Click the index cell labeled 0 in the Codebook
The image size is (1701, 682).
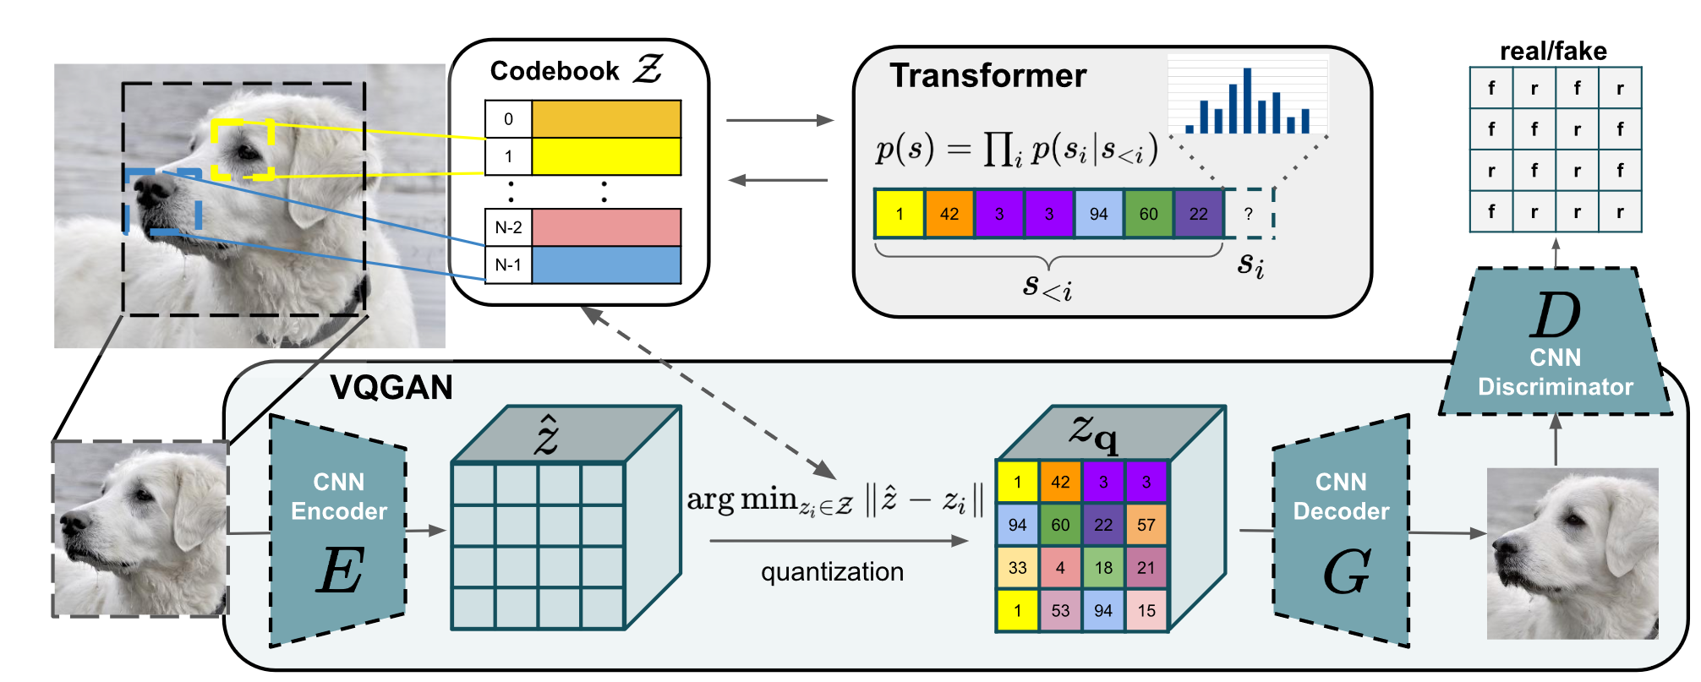pyautogui.click(x=508, y=119)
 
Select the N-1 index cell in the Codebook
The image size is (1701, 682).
pyautogui.click(x=508, y=265)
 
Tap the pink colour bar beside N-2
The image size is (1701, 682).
pyautogui.click(x=606, y=227)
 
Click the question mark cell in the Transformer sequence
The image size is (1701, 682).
pyautogui.click(x=1248, y=214)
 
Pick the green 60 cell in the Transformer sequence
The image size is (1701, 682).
pyautogui.click(x=1148, y=214)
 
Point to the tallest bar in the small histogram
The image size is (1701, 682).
pyautogui.click(x=1247, y=101)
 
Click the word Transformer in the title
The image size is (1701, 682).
pyautogui.click(x=987, y=76)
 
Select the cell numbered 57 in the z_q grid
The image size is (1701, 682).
pyautogui.click(x=1146, y=525)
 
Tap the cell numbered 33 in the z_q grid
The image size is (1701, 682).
pyautogui.click(x=1017, y=568)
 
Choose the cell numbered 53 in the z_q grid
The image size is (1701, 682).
pyautogui.click(x=1060, y=610)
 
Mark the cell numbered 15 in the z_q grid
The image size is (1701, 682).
pyautogui.click(x=1146, y=610)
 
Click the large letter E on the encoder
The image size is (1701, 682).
pyautogui.click(x=340, y=570)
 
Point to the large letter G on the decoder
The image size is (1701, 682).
pyautogui.click(x=1345, y=572)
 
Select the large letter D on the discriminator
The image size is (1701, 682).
pyautogui.click(x=1555, y=316)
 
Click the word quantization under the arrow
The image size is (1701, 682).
pyautogui.click(x=832, y=572)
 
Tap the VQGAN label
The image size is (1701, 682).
pyautogui.click(x=391, y=388)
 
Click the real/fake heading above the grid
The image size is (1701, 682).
pyautogui.click(x=1553, y=52)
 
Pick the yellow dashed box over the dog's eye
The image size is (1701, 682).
pyautogui.click(x=243, y=149)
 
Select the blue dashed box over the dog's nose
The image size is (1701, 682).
pyautogui.click(x=163, y=201)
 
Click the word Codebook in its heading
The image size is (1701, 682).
pyautogui.click(x=555, y=71)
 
